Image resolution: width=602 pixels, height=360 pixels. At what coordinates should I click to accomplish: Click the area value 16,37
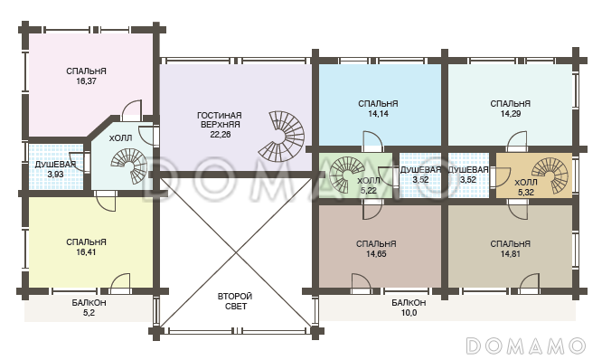[x=86, y=81]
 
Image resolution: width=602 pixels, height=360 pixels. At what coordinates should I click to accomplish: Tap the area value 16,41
[x=86, y=252]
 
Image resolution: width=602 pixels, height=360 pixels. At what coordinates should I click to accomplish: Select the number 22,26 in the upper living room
[x=221, y=135]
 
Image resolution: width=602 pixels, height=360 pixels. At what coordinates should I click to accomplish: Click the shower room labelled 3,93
[x=56, y=167]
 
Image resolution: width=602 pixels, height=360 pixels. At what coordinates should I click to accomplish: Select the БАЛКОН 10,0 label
[x=409, y=308]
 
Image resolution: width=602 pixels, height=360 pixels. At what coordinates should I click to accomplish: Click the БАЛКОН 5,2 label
[x=89, y=308]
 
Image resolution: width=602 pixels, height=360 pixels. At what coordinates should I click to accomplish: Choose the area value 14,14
[x=378, y=114]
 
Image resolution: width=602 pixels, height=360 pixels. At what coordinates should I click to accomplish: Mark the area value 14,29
[x=510, y=114]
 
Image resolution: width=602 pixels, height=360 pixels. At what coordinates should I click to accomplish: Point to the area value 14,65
[x=376, y=254]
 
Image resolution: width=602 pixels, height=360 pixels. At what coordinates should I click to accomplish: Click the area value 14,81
[x=510, y=254]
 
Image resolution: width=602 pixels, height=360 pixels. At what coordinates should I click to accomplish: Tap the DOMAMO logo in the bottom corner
[x=526, y=346]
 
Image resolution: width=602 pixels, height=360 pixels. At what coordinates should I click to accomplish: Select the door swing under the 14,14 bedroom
[x=372, y=141]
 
